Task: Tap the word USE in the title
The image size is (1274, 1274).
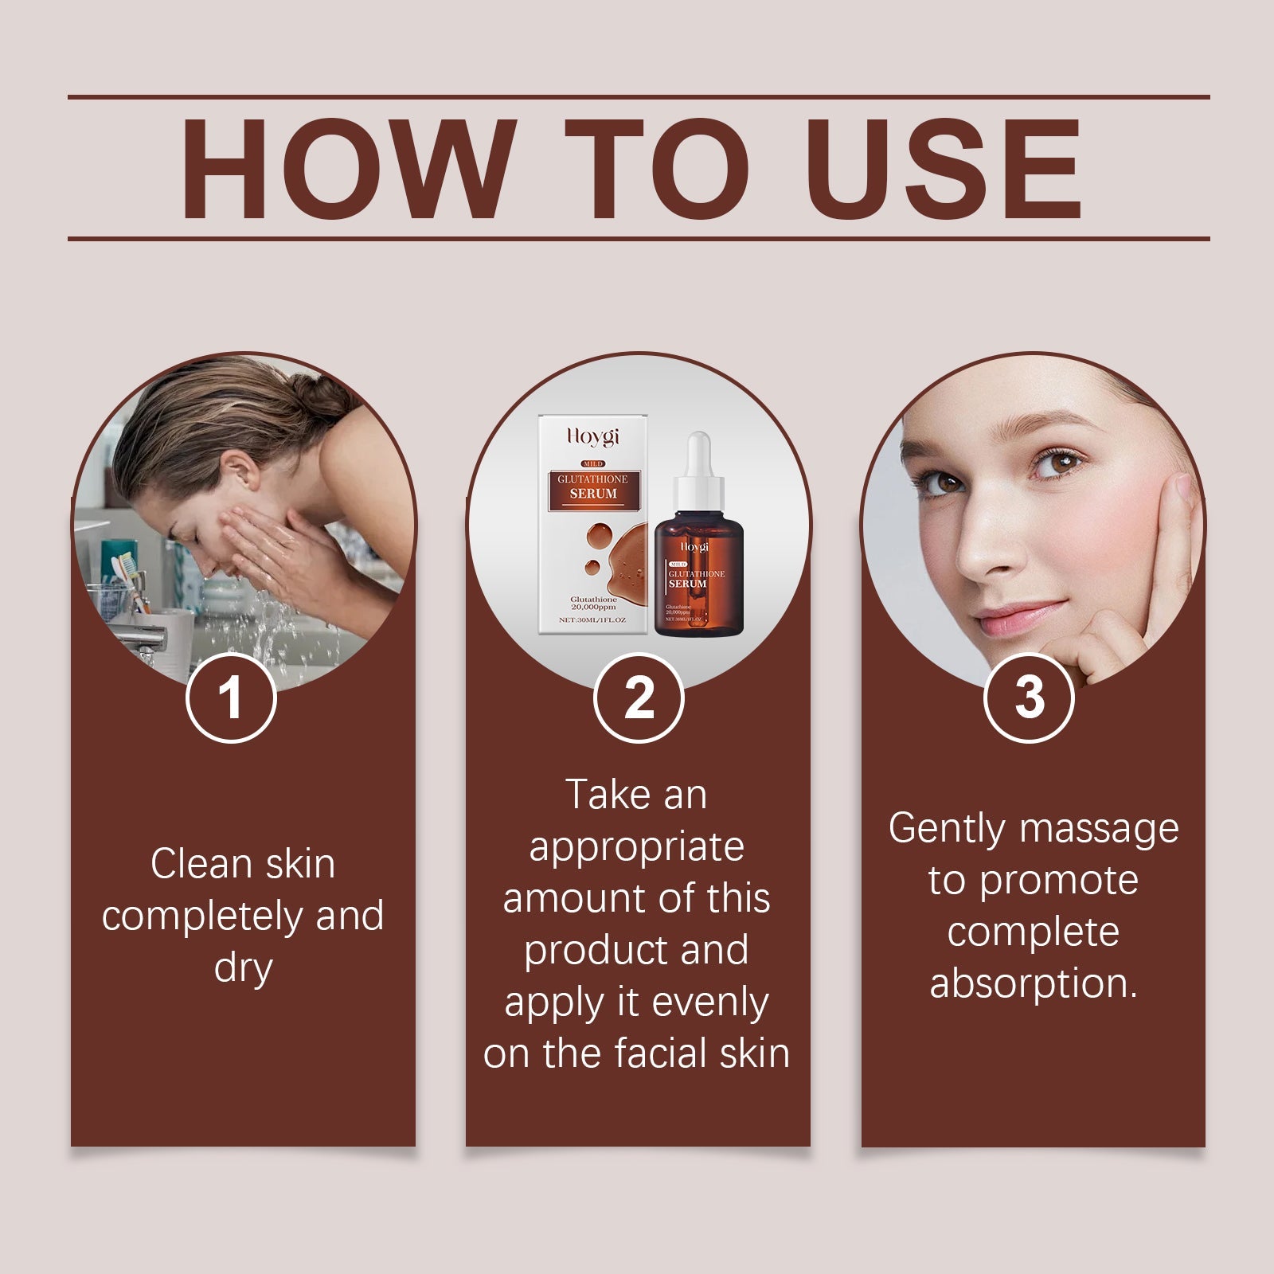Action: coord(948,169)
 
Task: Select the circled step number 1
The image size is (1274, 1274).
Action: coord(231,698)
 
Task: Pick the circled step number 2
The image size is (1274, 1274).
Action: coord(639,698)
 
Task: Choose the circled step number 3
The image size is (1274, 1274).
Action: coord(1029,698)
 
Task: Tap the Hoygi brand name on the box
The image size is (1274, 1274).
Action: coord(593,436)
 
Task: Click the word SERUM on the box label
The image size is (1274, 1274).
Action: coord(593,494)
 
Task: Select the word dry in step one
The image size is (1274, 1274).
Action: coord(243,968)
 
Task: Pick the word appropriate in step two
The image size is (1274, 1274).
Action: coord(637,847)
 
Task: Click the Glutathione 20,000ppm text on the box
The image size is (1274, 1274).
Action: coord(593,603)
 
